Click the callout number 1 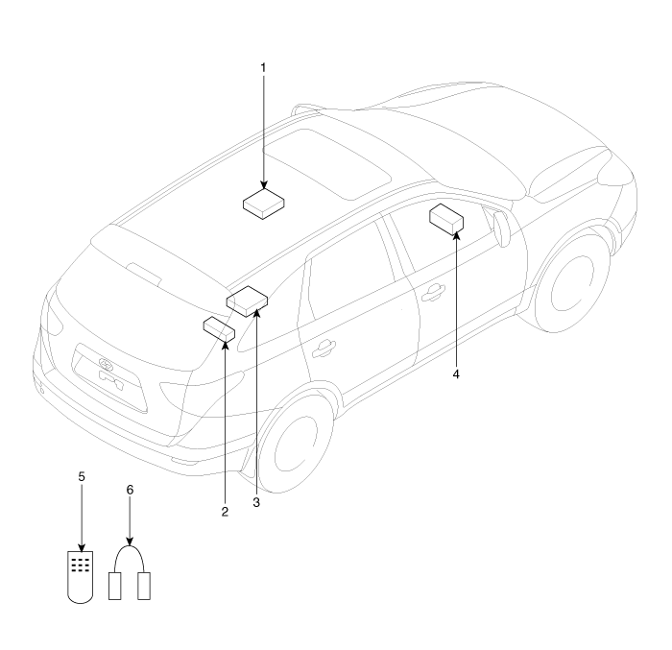pos(263,68)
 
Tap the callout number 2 pos(225,512)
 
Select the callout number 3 pos(256,502)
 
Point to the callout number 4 pos(456,374)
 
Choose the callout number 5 pos(82,476)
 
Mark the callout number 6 pos(130,490)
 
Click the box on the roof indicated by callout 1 pos(264,204)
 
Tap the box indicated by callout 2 pos(219,329)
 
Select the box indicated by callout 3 pos(247,301)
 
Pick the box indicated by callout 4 pos(446,220)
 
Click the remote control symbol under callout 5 pos(81,577)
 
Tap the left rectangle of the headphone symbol pos(115,586)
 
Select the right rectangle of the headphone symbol pos(144,586)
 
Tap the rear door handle pos(324,349)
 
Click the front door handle pos(433,293)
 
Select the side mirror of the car pos(501,229)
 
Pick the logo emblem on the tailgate pos(105,364)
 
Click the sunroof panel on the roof pos(326,164)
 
